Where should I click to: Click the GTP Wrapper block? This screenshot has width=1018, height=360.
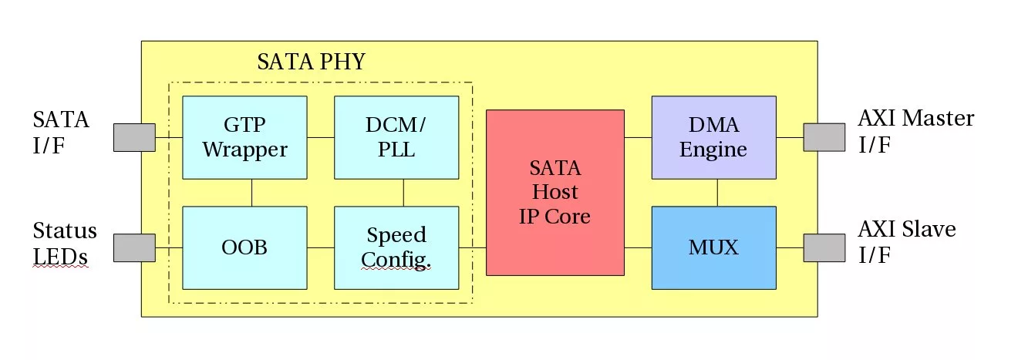pos(244,137)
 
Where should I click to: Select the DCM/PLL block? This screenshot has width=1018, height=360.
pos(396,137)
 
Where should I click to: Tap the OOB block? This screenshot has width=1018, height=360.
pos(244,247)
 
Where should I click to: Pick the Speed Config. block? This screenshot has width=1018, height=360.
pos(396,247)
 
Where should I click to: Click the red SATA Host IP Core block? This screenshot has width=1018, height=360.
pos(555,192)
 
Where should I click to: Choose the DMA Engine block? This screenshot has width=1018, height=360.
pos(713,137)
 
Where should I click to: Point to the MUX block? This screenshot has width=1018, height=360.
pos(713,247)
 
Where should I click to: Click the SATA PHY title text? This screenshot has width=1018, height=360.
pos(311,62)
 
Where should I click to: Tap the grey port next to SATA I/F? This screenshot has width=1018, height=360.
pos(134,137)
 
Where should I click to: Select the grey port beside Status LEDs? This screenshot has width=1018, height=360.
pos(134,247)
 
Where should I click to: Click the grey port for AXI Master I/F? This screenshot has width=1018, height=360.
pos(824,137)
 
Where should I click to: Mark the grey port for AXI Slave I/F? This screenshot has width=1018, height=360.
pos(824,247)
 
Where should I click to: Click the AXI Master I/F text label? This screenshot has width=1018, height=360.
pos(915,131)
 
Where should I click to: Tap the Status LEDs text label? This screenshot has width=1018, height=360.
pos(65,243)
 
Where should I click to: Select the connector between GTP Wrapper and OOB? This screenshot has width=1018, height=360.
pos(252,193)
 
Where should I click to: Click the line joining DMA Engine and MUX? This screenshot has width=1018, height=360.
pos(718,193)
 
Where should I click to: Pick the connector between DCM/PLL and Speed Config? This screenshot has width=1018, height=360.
pos(404,193)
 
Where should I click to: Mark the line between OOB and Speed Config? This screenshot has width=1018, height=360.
pos(321,247)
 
